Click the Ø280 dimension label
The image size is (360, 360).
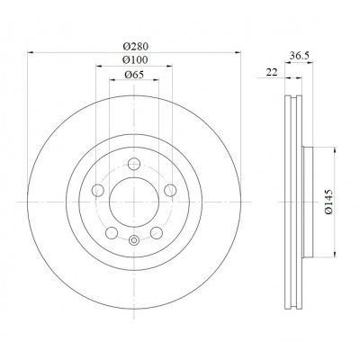136,47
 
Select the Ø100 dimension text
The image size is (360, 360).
135,60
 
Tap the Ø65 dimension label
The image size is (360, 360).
134,75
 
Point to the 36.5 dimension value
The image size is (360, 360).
300,56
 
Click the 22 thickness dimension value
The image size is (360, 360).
272,72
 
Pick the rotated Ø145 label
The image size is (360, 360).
329,202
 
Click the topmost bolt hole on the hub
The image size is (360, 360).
134,164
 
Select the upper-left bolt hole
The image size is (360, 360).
98,190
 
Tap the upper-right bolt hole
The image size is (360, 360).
170,190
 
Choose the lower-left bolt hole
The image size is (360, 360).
112,233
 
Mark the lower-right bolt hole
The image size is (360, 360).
157,233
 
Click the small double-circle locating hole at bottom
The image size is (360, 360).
134,240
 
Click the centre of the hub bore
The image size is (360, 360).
134,202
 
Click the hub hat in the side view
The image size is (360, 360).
308,202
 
